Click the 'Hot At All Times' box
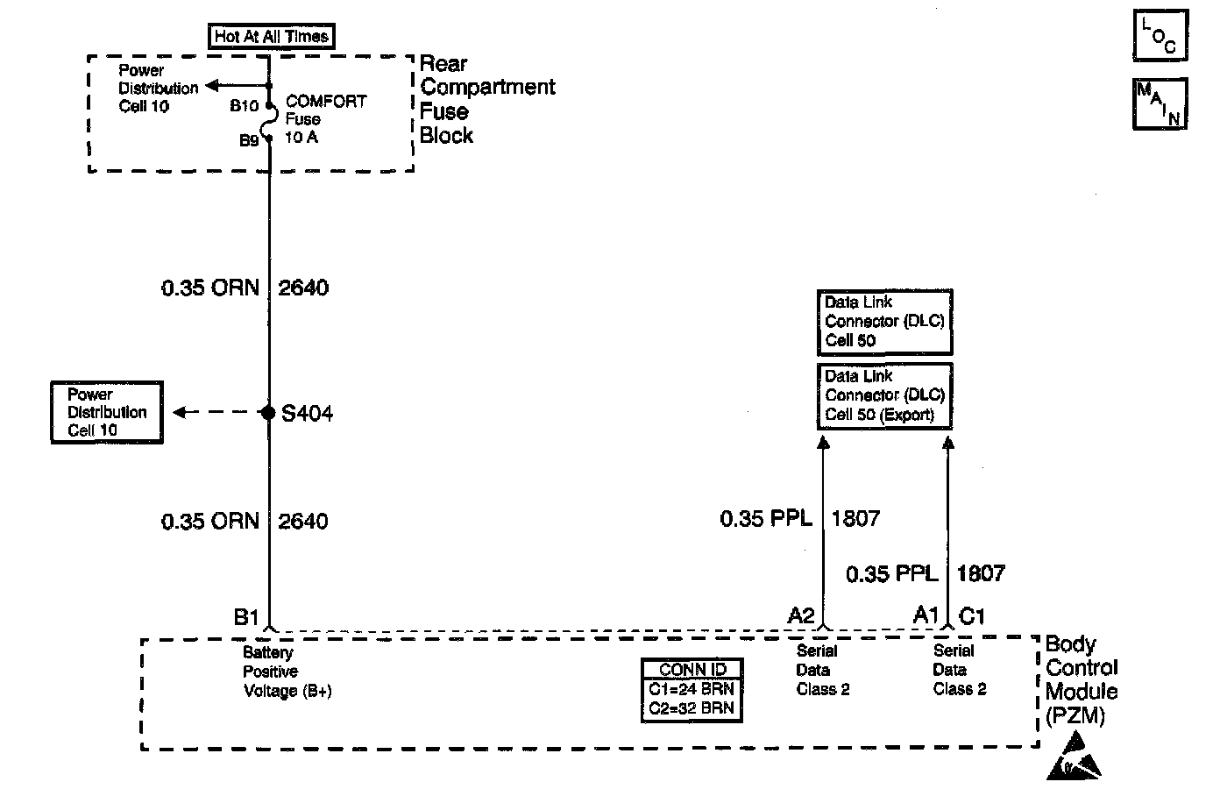click(x=272, y=37)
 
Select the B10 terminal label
click(x=244, y=106)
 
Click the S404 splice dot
click(x=269, y=412)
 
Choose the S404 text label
click(x=307, y=413)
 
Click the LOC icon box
click(x=1160, y=36)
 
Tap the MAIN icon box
click(x=1160, y=103)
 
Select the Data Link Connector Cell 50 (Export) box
click(x=884, y=395)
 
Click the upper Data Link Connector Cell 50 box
click(x=884, y=322)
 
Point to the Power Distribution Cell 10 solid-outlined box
click(x=107, y=412)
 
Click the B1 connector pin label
click(x=246, y=617)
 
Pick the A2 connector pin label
click(x=801, y=615)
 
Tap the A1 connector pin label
click(x=926, y=615)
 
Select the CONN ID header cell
click(x=692, y=669)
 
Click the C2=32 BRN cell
click(x=692, y=708)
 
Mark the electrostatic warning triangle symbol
click(x=1075, y=758)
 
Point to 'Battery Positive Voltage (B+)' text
click(x=287, y=672)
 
